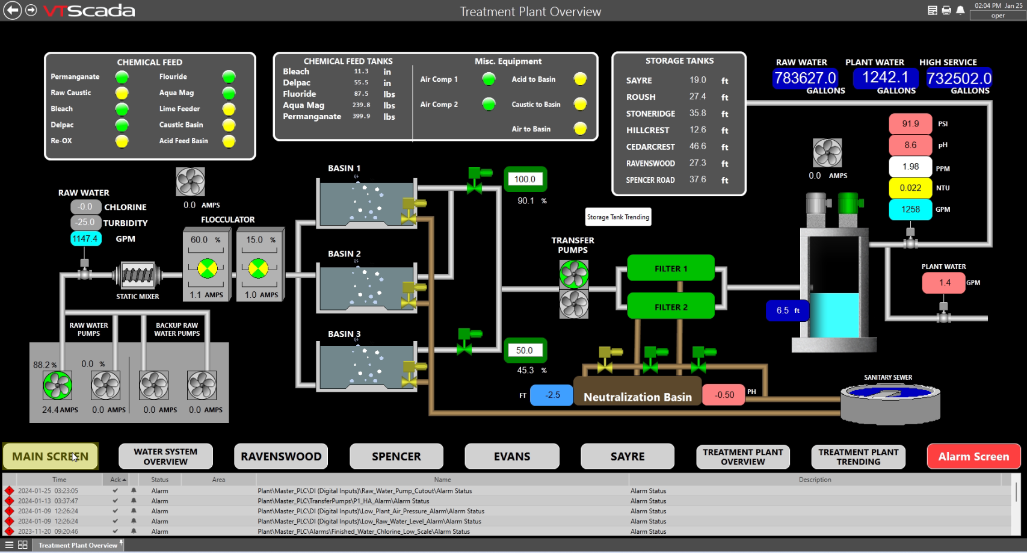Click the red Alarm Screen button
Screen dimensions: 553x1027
click(x=973, y=456)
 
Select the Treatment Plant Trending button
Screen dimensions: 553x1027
click(x=858, y=457)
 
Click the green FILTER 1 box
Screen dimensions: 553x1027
click(x=671, y=268)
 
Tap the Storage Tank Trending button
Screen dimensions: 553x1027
click(x=618, y=217)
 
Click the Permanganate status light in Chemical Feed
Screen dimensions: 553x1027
click(x=122, y=77)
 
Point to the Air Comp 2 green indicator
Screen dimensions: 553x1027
click(x=489, y=104)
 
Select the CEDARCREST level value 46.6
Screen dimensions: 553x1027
click(x=698, y=146)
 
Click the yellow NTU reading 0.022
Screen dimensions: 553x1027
click(x=910, y=188)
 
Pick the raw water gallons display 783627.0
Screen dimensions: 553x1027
click(x=805, y=78)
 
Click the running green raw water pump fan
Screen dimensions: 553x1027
click(x=58, y=385)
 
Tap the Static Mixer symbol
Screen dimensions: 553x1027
click(x=138, y=276)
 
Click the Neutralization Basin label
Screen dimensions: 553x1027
click(x=637, y=397)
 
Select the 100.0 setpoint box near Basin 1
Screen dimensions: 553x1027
click(x=525, y=179)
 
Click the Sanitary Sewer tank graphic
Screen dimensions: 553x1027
click(x=890, y=402)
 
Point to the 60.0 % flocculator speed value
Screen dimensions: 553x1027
click(x=200, y=239)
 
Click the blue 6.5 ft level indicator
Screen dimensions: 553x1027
click(x=787, y=310)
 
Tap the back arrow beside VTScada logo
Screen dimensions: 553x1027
click(x=12, y=10)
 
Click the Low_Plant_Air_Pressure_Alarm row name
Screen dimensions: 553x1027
click(x=371, y=511)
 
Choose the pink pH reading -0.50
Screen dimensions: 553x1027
click(x=724, y=395)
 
